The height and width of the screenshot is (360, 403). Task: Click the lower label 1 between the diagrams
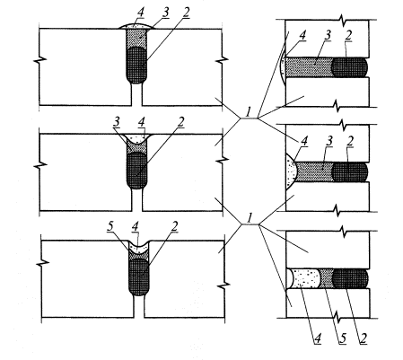(x=250, y=217)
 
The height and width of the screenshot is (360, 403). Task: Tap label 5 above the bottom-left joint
(x=110, y=227)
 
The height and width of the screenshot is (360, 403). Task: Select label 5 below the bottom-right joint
(x=342, y=338)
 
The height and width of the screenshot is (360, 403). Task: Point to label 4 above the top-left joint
(x=140, y=13)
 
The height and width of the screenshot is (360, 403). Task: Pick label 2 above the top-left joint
(x=186, y=13)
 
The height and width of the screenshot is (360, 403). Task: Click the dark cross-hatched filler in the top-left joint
(x=136, y=65)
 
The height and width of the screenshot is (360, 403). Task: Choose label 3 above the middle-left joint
(x=117, y=122)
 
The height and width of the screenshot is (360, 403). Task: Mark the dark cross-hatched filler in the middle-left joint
(x=136, y=171)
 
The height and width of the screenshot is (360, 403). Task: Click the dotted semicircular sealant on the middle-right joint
(x=291, y=171)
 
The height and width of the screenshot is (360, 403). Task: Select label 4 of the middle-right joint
(x=304, y=141)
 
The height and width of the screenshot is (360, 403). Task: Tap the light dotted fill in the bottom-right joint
(x=304, y=278)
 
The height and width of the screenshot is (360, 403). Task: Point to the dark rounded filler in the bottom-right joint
(x=350, y=278)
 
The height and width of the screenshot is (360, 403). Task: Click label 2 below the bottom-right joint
(x=363, y=338)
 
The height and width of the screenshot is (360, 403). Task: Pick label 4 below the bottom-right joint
(x=317, y=338)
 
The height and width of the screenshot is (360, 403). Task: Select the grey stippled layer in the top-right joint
(x=309, y=66)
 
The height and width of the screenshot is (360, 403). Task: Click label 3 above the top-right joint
(x=328, y=35)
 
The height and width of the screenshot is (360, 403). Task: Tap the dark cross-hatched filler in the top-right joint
(x=350, y=67)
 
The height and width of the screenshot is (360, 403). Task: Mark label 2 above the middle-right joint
(x=349, y=141)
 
